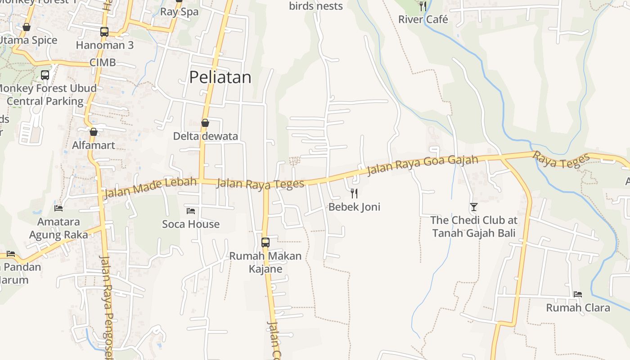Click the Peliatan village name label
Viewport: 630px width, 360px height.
[x=220, y=77]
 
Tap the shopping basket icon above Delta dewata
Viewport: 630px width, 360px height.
[x=205, y=123]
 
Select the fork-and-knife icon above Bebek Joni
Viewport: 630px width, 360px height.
[x=354, y=193]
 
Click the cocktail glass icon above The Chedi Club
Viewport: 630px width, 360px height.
[x=473, y=207]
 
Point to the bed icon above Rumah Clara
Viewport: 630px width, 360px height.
[x=578, y=294]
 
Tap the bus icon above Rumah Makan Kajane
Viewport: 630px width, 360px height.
[x=265, y=243]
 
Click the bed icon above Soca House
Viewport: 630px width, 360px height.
[x=191, y=211]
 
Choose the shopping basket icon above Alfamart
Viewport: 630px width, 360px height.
[x=94, y=132]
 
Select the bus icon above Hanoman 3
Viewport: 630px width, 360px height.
[x=104, y=32]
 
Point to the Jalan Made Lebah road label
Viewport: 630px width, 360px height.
[x=150, y=188]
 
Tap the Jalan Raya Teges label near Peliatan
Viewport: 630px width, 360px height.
[x=260, y=183]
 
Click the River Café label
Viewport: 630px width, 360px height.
[x=423, y=19]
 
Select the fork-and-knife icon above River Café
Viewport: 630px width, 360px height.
[x=423, y=6]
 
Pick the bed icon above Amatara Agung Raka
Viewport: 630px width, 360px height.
[x=58, y=208]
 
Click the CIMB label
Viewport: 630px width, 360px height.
[x=103, y=63]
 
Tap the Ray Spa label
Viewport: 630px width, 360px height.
[x=179, y=12]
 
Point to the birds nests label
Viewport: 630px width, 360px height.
[x=316, y=6]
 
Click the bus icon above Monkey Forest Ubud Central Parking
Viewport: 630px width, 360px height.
[x=45, y=75]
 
